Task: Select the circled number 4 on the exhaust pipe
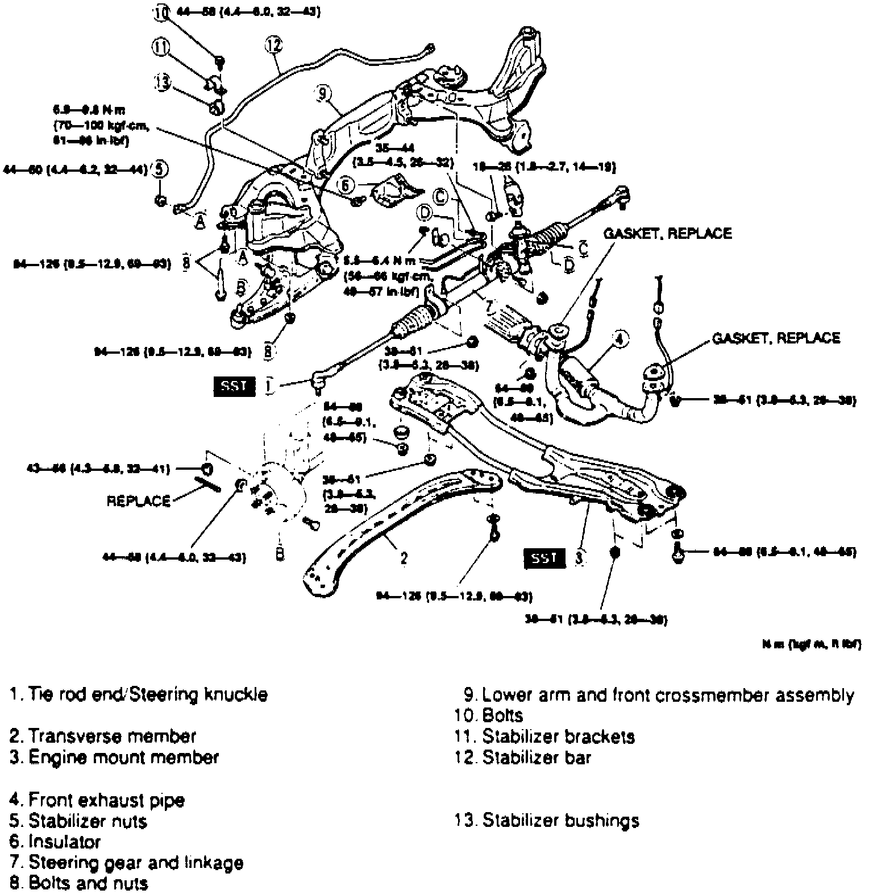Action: pos(621,340)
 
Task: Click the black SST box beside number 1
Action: pos(234,386)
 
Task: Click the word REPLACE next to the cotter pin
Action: pos(139,501)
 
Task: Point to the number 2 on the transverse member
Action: pos(404,558)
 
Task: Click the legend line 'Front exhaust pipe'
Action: pos(97,800)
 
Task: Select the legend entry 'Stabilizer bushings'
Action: pos(547,821)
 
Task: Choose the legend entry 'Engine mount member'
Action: pos(114,758)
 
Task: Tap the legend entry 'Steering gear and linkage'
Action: pos(127,863)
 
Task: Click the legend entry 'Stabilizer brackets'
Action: pos(545,736)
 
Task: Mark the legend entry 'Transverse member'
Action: pos(103,736)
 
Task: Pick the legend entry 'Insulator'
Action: pos(55,842)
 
